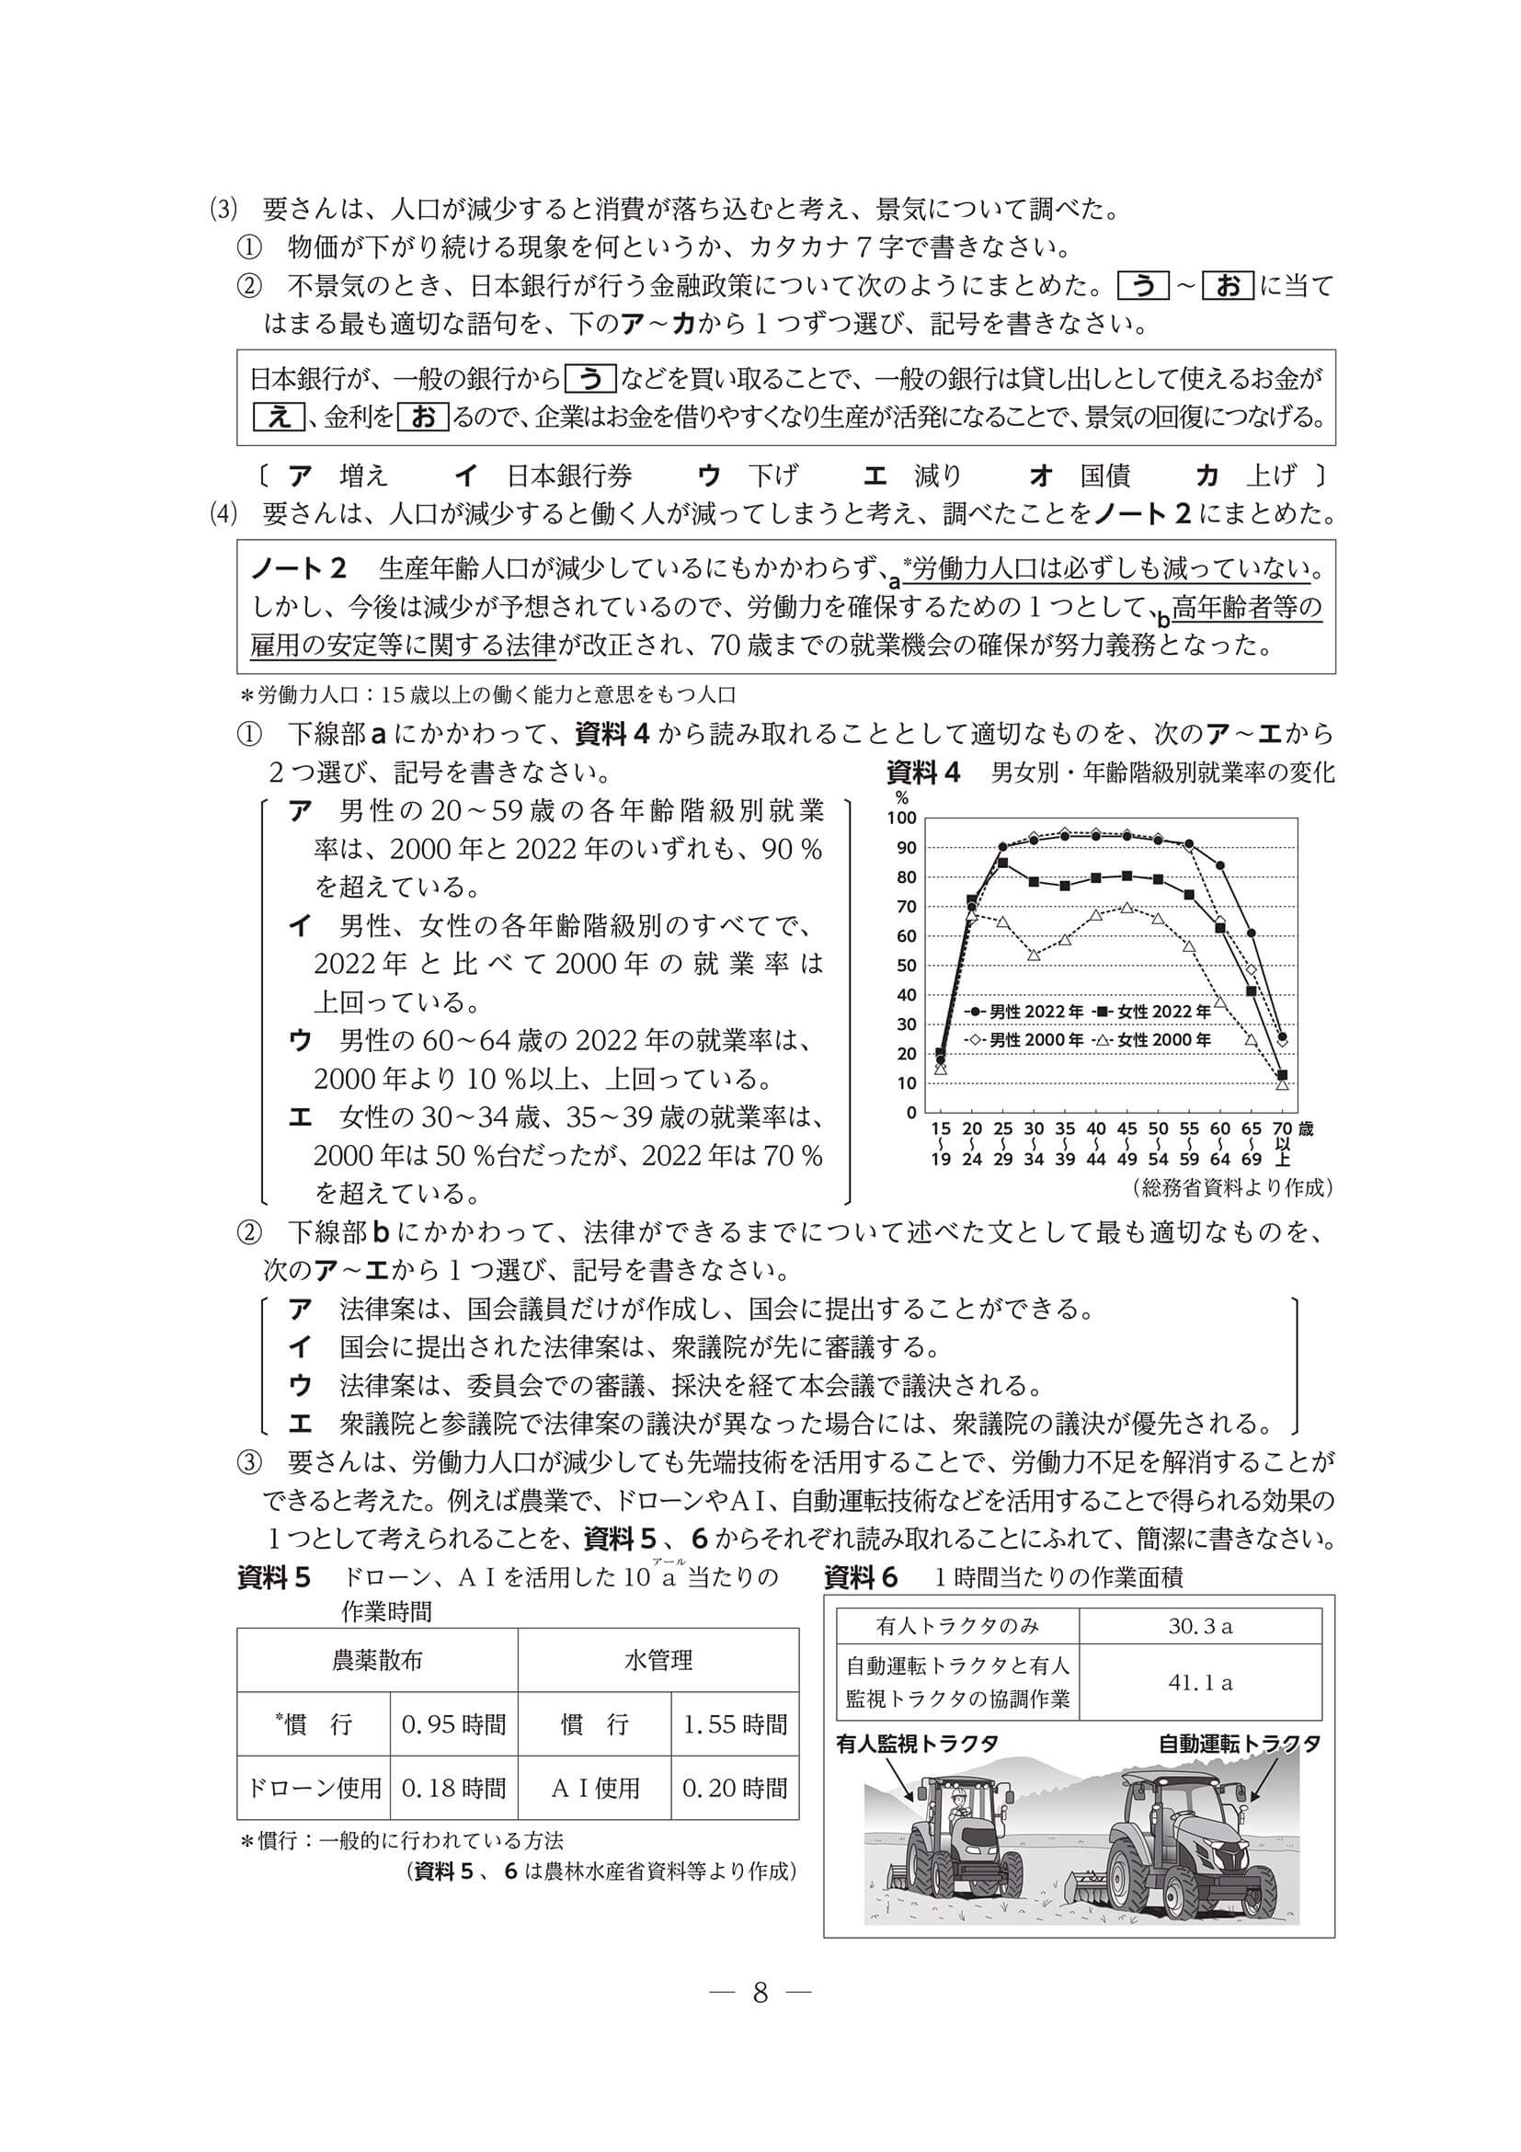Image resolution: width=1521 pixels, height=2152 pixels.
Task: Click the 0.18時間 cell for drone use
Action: (453, 1789)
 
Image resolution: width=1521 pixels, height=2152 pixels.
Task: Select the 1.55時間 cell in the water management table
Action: (735, 1724)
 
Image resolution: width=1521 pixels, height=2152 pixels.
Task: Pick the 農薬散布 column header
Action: (377, 1661)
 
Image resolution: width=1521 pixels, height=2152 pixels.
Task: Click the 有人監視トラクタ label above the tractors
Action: (916, 1744)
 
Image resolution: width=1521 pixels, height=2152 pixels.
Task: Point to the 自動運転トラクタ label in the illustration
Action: (1239, 1744)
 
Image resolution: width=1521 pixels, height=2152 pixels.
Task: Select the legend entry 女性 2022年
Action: (1149, 1012)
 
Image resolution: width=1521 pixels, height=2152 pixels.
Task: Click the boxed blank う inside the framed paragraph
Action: (590, 379)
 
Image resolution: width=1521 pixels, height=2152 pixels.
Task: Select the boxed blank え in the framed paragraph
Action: (280, 418)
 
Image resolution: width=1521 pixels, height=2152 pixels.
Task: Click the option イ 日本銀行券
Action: (543, 476)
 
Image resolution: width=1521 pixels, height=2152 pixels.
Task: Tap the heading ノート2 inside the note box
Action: (299, 569)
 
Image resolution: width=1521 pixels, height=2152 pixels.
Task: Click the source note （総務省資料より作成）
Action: (1231, 1188)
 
